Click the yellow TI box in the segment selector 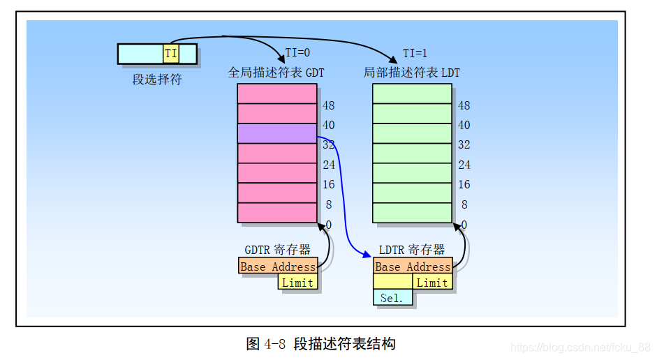(170, 54)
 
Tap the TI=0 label (297, 54)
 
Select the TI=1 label (415, 54)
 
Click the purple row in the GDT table (277, 133)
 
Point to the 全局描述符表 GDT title (276, 73)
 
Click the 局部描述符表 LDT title (412, 73)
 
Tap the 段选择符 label (157, 80)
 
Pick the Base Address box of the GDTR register (278, 267)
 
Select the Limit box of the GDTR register (298, 282)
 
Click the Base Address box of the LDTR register (413, 267)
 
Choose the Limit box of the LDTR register (432, 282)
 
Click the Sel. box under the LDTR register (392, 298)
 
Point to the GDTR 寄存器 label (278, 250)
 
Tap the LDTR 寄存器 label (412, 250)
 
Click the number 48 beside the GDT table (328, 106)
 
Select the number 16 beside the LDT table (464, 185)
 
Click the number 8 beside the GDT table (328, 205)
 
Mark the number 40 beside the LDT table (464, 126)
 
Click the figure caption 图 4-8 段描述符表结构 (321, 344)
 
